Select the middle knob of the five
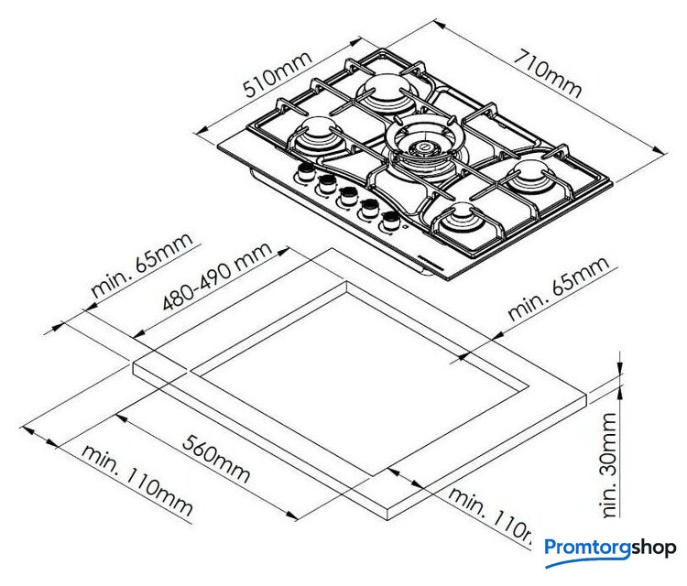pos(347,196)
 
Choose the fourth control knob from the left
pos(370,208)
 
